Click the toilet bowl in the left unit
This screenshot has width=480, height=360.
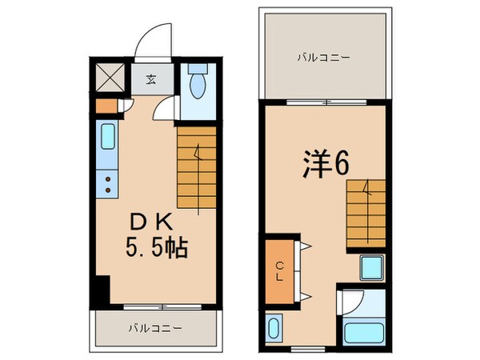198,82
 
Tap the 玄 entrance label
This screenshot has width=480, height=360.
150,78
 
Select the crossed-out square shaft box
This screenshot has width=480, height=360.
108,78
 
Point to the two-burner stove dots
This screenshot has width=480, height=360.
107,186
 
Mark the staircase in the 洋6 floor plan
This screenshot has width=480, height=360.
368,212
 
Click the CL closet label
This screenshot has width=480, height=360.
280,273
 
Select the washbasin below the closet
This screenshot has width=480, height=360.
274,330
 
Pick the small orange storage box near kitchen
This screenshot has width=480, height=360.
104,105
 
